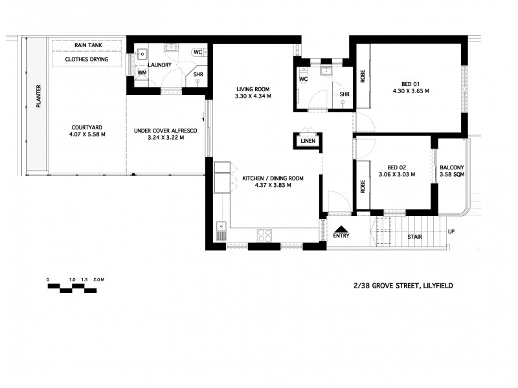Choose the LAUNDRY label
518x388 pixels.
tap(159, 65)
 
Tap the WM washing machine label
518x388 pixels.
tap(142, 73)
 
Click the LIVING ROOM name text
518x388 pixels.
tap(252, 89)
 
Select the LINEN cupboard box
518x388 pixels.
tap(308, 140)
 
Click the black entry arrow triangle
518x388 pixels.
tap(341, 228)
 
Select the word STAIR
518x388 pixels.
tap(414, 237)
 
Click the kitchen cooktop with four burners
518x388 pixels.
tap(265, 234)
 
